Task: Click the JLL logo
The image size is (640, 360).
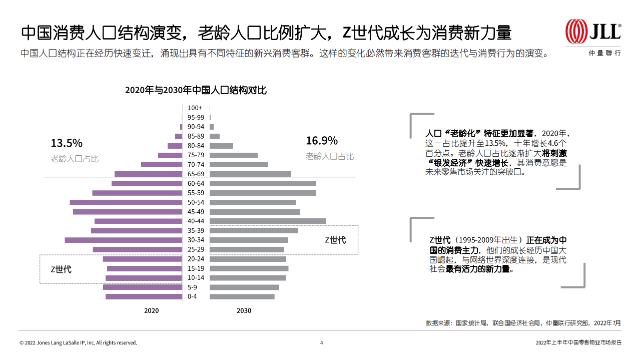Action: pos(593,32)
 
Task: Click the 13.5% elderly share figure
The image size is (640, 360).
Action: pos(66,143)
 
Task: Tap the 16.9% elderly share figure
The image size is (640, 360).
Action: pos(322,141)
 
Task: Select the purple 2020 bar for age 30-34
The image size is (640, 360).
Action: pos(123,240)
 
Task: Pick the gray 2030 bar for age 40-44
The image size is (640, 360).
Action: pos(267,221)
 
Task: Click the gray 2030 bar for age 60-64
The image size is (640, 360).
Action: pos(263,184)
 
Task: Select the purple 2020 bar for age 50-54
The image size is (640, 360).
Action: pos(126,203)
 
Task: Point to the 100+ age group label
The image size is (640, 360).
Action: pos(195,108)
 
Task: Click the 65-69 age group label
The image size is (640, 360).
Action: pos(196,174)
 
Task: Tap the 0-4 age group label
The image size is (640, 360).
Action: pos(192,297)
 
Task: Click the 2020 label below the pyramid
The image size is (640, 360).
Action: pos(151,311)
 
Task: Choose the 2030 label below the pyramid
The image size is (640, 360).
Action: pos(244,311)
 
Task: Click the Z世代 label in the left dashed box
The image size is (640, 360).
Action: pos(61,269)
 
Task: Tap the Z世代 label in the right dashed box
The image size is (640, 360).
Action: pos(335,240)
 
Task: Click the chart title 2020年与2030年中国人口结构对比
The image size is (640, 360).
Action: pos(196,90)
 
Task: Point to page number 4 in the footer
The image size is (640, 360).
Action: pos(321,343)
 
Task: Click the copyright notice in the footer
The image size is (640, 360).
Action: pos(78,343)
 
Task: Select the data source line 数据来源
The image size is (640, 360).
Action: pos(523,323)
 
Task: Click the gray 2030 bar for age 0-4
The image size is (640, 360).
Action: pos(242,297)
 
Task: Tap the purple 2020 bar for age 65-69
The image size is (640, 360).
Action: pos(148,174)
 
